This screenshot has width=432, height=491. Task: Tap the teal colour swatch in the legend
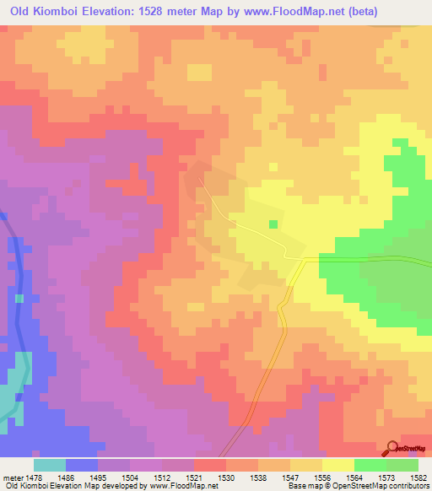coord(50,465)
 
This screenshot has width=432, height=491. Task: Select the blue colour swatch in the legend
coord(82,465)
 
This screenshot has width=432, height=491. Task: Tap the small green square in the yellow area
coord(273,224)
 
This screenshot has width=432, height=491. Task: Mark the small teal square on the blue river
coord(19,298)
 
